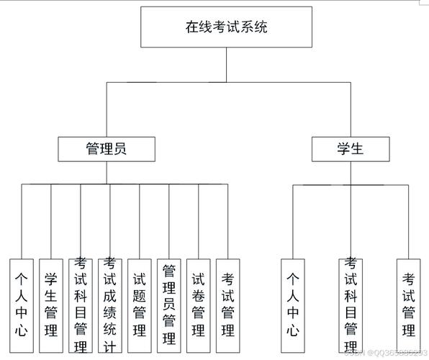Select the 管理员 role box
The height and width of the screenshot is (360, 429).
106,149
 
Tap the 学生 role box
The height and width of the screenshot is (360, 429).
351,149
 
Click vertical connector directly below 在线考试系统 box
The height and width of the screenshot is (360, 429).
227,66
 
